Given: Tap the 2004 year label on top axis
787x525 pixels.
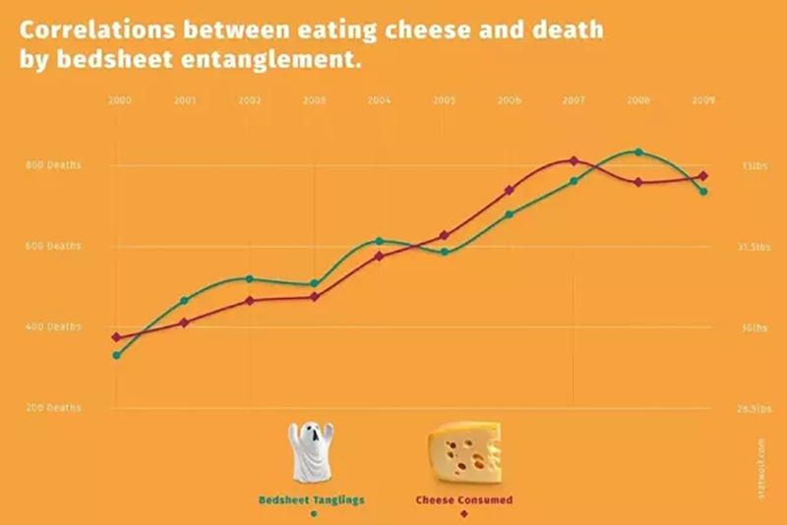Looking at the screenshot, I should click(x=379, y=100).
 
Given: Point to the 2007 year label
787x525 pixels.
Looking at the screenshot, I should click(x=574, y=100).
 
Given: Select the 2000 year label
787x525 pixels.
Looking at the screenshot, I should click(x=120, y=100).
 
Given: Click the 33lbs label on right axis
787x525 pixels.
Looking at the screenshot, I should click(x=755, y=166).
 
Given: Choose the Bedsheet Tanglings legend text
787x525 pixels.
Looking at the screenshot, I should click(x=312, y=499).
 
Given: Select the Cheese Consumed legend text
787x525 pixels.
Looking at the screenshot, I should click(x=463, y=499).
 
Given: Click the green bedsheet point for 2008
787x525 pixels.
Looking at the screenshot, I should click(x=638, y=152).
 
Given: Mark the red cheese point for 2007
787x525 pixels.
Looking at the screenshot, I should click(x=574, y=160).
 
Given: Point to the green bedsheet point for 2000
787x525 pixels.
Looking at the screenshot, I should click(x=117, y=355).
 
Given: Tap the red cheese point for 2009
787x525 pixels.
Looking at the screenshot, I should click(x=703, y=176).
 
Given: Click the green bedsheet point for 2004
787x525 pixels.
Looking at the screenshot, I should click(x=379, y=241).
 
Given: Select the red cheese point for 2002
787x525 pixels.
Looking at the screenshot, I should click(x=249, y=300).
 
